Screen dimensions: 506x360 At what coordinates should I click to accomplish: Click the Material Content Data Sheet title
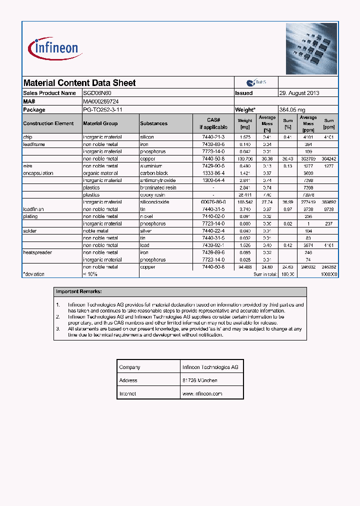(79, 83)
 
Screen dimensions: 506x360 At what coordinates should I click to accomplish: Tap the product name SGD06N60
(97, 93)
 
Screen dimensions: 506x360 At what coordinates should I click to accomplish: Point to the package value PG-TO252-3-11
(102, 109)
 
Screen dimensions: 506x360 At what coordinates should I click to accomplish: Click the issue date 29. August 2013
(299, 93)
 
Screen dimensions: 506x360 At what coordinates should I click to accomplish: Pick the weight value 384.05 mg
(292, 109)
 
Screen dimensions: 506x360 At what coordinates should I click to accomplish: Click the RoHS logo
(256, 82)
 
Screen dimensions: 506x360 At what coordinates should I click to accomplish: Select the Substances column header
(154, 123)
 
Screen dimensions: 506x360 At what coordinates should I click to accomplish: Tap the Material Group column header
(100, 123)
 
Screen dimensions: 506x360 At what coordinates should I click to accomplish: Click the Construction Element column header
(48, 123)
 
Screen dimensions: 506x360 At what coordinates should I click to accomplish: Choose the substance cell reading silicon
(147, 137)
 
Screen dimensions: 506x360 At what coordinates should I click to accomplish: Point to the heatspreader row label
(37, 252)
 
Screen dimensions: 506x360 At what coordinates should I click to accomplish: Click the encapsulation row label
(38, 173)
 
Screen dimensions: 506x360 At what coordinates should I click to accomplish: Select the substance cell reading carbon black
(154, 173)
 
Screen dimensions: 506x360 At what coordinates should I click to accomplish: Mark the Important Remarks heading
(79, 291)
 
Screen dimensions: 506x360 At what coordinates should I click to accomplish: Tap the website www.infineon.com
(202, 393)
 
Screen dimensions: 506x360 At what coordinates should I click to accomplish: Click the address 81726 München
(200, 380)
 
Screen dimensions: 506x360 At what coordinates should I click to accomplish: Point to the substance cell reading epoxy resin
(154, 195)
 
